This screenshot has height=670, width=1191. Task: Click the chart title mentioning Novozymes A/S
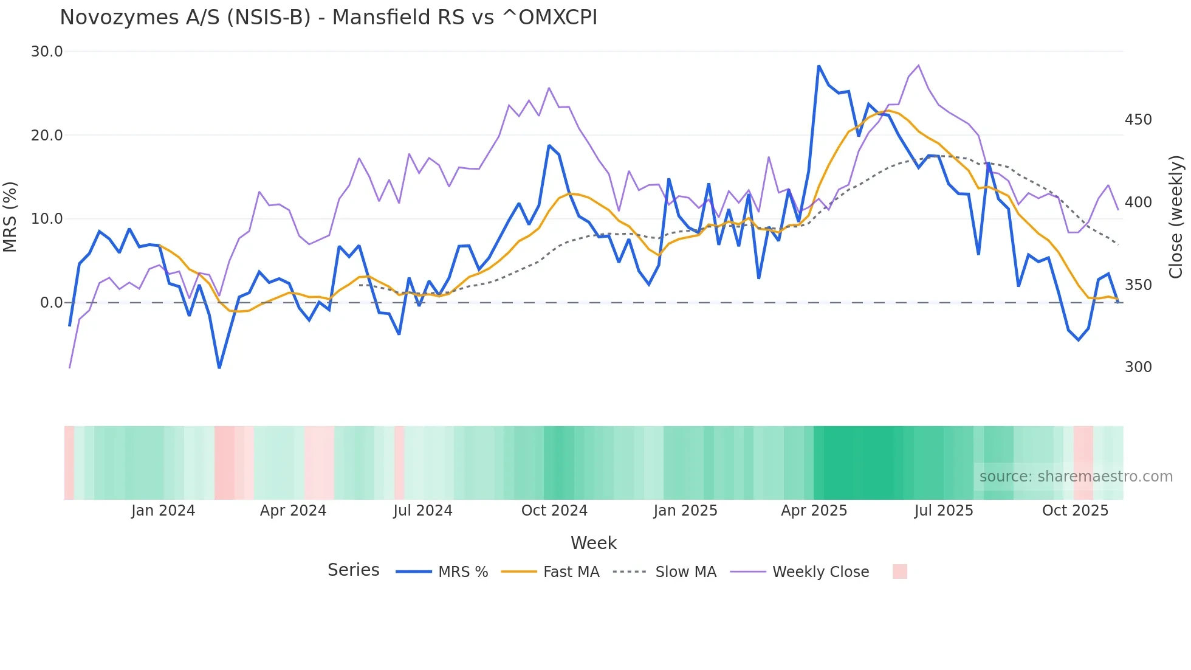[328, 17]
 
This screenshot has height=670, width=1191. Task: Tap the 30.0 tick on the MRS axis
[47, 52]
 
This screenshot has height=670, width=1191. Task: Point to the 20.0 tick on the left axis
[47, 135]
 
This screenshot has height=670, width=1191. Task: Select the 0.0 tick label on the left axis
[51, 302]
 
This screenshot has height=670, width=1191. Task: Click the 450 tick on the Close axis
[1138, 120]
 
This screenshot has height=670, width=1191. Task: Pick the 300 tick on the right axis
[1138, 367]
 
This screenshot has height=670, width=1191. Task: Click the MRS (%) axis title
[10, 216]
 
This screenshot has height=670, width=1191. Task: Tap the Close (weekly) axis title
[1176, 216]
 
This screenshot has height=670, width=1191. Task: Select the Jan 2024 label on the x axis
[163, 511]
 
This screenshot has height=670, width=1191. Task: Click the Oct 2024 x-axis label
[554, 511]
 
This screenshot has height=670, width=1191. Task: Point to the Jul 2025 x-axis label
[944, 511]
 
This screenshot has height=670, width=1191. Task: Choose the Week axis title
[594, 543]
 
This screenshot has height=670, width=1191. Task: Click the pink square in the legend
[900, 572]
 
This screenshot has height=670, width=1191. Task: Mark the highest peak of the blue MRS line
[819, 66]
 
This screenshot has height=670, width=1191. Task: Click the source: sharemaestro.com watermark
[1076, 477]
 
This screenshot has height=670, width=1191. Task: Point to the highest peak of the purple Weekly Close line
[918, 65]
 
